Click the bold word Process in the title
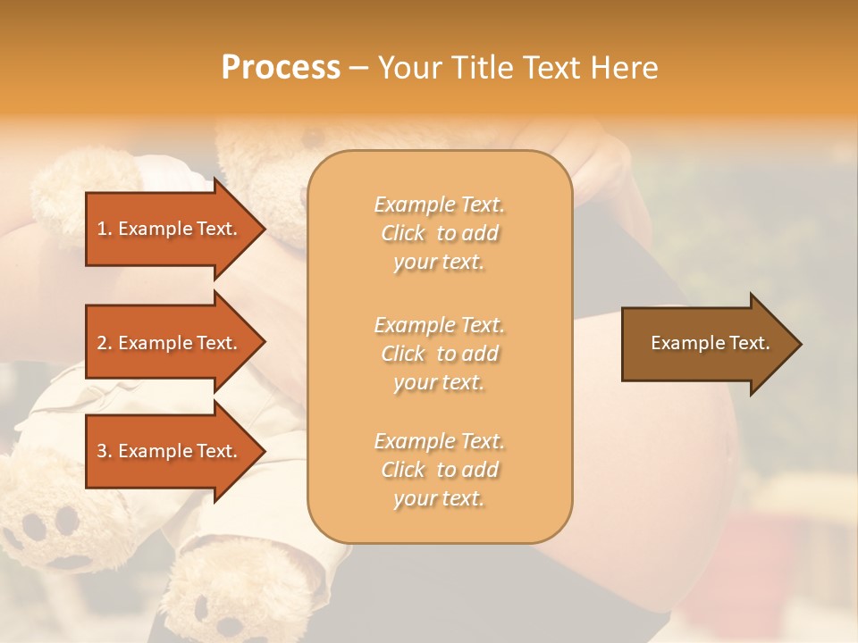281,68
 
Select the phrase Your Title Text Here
517,68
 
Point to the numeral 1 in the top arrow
102,229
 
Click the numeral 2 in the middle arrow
102,343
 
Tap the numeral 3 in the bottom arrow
102,451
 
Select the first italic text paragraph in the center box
439,233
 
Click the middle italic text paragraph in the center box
439,354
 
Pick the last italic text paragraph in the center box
439,470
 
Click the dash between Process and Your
358,68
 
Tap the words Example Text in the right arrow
711,343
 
